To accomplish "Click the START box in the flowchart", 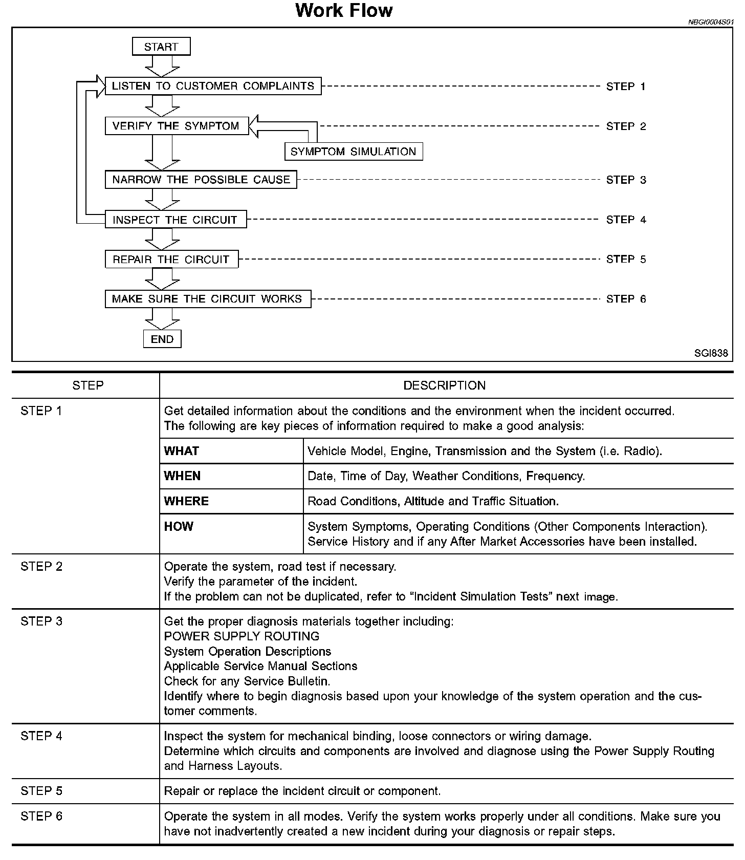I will (x=161, y=47).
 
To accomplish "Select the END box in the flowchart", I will (x=162, y=339).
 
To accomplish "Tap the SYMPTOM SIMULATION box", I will (x=354, y=152).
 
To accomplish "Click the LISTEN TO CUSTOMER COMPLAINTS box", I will (x=213, y=86).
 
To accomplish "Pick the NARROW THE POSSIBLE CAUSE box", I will (x=201, y=180).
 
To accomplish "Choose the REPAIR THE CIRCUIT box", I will (x=171, y=260).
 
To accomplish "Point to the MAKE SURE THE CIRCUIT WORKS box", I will (x=207, y=299).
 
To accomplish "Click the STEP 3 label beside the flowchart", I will (x=626, y=180).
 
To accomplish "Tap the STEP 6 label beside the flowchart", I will (x=626, y=299).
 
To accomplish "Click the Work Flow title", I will (x=344, y=11).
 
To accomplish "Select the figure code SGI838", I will (x=711, y=353).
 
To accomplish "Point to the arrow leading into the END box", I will (x=162, y=319).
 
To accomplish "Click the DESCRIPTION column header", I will (x=444, y=385).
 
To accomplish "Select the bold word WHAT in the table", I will (x=182, y=451).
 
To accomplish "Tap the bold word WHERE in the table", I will (x=186, y=501).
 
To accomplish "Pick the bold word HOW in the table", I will (x=179, y=526).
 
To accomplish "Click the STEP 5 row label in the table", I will (x=41, y=791).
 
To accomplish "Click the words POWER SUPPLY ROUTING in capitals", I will (x=242, y=636).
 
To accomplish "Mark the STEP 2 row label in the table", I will (x=41, y=567).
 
